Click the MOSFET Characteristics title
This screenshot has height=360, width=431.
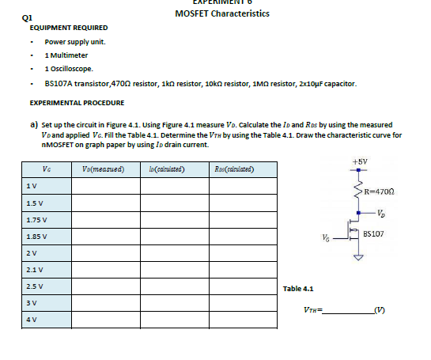(221, 13)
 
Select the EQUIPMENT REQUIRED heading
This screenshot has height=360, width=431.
(62, 28)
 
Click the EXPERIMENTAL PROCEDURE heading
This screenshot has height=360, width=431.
(77, 103)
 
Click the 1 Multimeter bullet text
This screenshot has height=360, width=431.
(66, 55)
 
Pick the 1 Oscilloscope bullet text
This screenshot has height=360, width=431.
(69, 70)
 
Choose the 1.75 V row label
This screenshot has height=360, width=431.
(36, 220)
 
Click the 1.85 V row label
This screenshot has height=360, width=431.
(36, 237)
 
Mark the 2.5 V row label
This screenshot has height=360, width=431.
(34, 286)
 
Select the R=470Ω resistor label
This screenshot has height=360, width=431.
(380, 191)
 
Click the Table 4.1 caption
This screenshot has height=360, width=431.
(298, 289)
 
